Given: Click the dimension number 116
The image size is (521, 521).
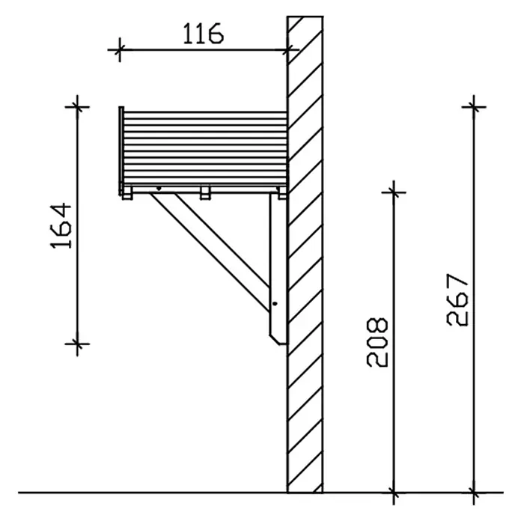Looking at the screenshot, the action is click(x=204, y=34).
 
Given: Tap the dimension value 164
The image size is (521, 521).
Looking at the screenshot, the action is click(x=61, y=226).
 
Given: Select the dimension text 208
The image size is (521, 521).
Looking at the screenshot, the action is click(x=377, y=343).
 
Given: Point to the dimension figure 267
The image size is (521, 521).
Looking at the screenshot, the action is click(x=457, y=299).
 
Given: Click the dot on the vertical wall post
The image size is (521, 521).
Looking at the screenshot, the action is click(x=275, y=303).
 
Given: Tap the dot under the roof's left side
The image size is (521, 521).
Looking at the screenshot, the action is click(x=159, y=189).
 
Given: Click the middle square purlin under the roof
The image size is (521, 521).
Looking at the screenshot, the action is click(x=205, y=192).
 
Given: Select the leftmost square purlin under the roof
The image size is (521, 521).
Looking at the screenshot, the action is click(x=127, y=192).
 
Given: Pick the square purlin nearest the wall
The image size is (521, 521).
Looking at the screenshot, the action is click(x=282, y=192).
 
